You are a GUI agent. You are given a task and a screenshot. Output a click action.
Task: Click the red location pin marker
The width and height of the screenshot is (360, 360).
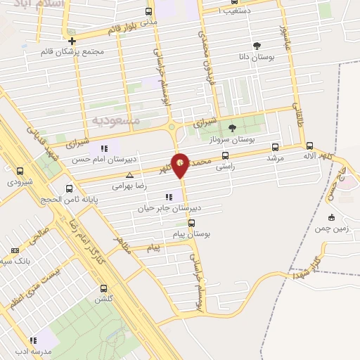(x=181, y=165)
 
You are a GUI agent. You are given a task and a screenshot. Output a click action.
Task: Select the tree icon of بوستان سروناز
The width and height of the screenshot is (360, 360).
(x=233, y=127)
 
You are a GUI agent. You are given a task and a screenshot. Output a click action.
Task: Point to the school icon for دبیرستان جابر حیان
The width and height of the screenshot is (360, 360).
(x=168, y=197)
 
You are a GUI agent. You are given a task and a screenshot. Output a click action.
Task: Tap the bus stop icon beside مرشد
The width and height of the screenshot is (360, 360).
(x=274, y=148)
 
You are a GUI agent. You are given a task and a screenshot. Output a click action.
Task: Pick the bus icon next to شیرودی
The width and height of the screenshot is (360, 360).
(x=19, y=171)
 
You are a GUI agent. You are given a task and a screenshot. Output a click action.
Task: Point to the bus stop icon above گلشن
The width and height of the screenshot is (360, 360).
(x=104, y=288)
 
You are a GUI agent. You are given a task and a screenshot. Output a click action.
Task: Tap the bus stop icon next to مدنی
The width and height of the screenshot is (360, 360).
(x=148, y=12)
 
